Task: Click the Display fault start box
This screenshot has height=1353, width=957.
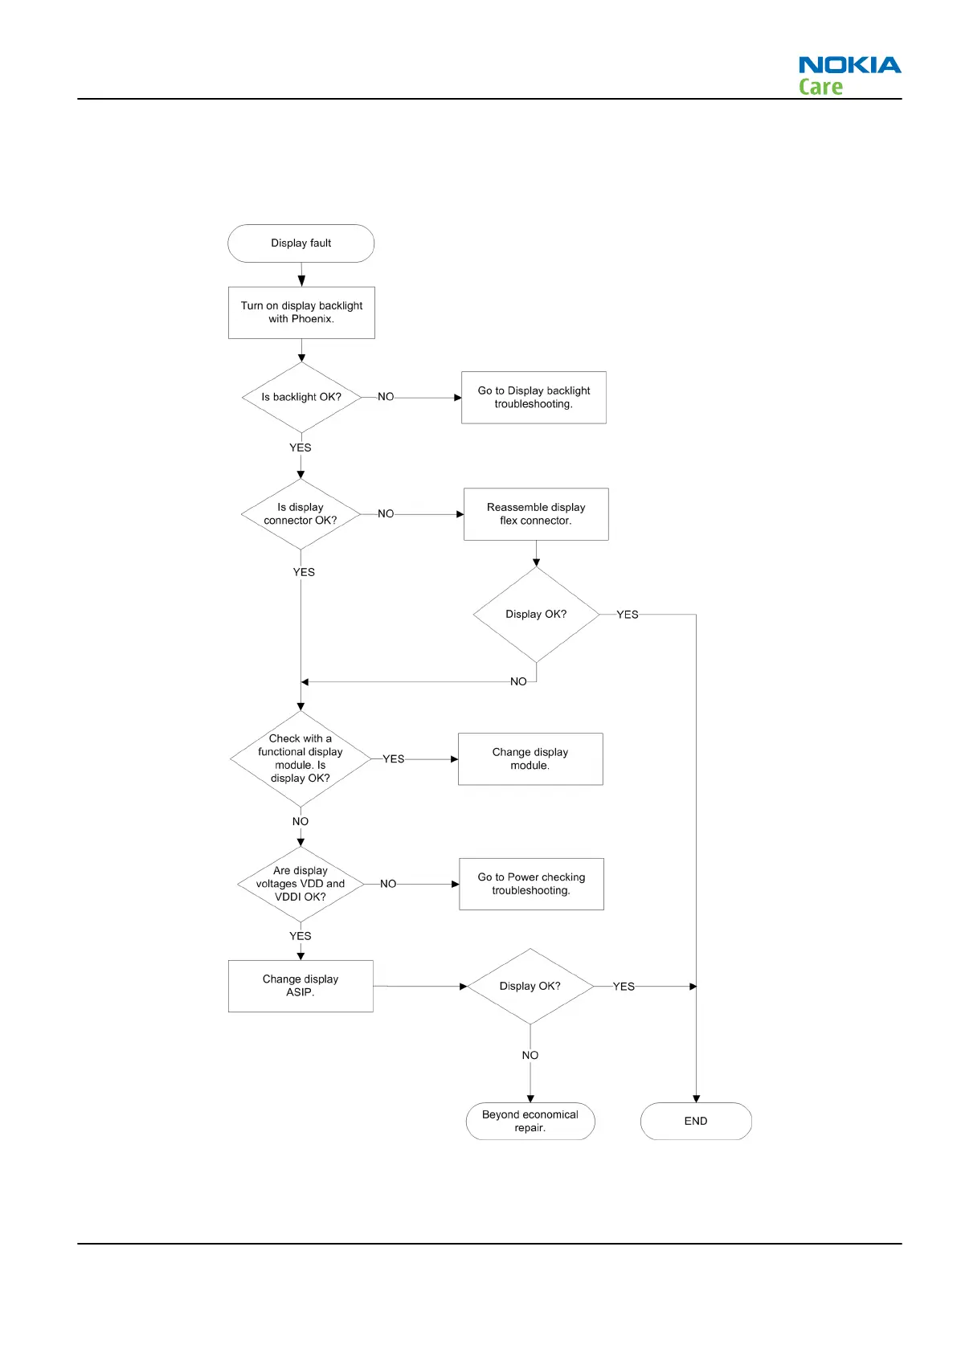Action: click(301, 243)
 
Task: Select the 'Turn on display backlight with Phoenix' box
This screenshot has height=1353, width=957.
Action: click(301, 313)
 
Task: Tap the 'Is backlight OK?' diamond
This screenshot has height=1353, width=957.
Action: click(301, 397)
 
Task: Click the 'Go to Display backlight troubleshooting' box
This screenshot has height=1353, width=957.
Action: click(534, 397)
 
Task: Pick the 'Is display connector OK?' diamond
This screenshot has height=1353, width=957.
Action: click(301, 514)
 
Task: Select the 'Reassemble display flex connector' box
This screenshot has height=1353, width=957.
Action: click(536, 514)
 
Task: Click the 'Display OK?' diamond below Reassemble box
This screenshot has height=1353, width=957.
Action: click(536, 615)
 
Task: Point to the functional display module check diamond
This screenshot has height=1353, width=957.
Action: click(301, 758)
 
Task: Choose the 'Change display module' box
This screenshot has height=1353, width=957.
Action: click(530, 758)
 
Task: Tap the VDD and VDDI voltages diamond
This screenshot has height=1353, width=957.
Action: click(301, 884)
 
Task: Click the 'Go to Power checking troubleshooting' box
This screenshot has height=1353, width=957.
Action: click(531, 884)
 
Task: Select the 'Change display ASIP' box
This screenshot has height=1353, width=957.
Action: click(301, 986)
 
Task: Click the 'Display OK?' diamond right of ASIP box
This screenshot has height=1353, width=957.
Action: click(530, 986)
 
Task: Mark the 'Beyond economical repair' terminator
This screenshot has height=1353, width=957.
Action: click(530, 1121)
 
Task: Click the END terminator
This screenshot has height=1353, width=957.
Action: click(696, 1121)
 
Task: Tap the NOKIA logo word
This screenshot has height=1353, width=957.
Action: click(849, 65)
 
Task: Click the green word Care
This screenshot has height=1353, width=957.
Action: click(820, 87)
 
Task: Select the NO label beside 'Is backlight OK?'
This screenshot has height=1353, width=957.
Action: click(386, 397)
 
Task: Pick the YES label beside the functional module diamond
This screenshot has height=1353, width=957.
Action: click(394, 759)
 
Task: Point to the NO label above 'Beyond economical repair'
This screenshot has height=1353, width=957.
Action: click(530, 1055)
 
